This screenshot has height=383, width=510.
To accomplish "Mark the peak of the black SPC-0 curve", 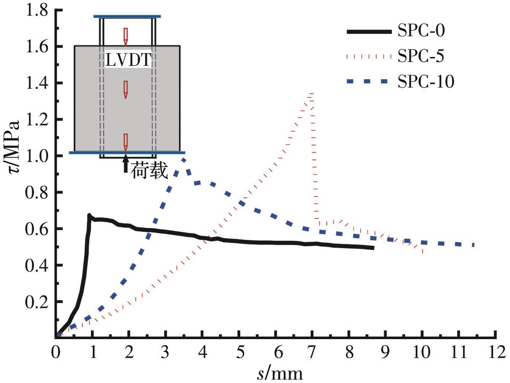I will point(90,215).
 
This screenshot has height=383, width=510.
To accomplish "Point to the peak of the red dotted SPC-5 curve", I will point(312,94).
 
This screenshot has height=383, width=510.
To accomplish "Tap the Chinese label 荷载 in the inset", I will point(149,172).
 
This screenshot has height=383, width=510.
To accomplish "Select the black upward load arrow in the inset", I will point(125,164).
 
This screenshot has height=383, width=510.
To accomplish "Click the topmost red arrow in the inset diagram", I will point(125,36).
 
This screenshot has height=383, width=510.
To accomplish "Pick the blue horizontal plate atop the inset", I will point(127,16).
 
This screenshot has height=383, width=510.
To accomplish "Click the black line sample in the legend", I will point(369,32).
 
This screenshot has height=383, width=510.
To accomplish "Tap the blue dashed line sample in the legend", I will point(369,82).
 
